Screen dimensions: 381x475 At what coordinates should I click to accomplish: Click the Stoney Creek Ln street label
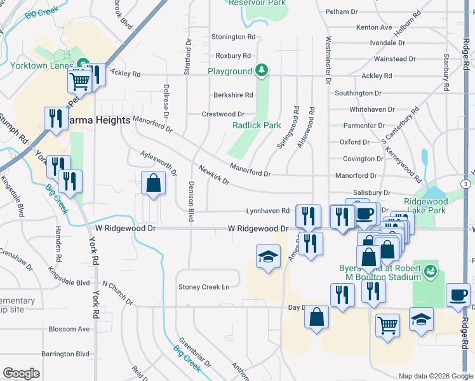(x=203, y=287)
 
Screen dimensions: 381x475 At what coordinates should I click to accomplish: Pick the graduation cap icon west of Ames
(x=268, y=257)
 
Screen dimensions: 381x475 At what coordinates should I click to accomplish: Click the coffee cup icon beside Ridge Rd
(x=458, y=295)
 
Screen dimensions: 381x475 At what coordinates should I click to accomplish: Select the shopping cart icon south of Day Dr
(x=387, y=325)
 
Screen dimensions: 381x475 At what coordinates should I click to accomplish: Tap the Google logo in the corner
(x=21, y=373)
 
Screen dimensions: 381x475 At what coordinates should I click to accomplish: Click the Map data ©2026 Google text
(x=436, y=376)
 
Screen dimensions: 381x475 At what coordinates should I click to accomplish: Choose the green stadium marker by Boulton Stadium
(x=431, y=271)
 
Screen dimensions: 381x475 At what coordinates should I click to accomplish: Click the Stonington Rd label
(x=233, y=37)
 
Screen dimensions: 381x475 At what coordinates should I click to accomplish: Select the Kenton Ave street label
(x=374, y=27)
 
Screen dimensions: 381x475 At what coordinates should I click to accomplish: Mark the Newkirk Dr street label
(x=213, y=175)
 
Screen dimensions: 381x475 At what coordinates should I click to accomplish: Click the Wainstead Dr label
(x=394, y=59)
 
